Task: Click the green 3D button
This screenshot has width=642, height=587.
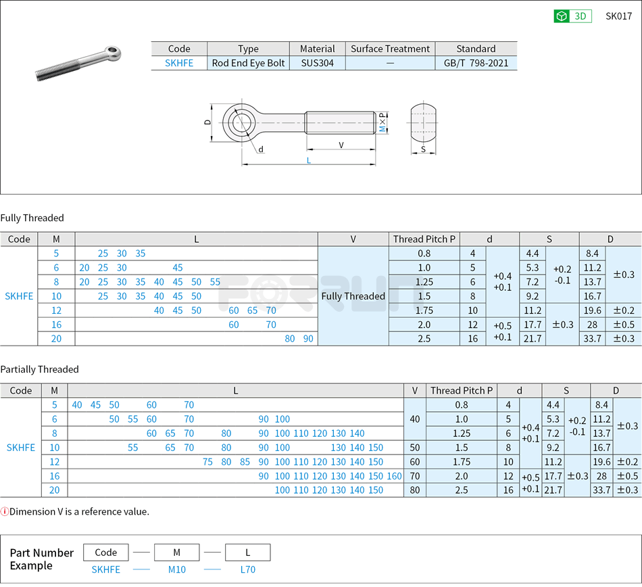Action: coord(572,16)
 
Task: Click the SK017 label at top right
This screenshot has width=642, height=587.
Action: coord(618,16)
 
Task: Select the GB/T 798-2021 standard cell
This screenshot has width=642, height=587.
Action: coord(476,63)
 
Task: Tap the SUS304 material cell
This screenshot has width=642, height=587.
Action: coord(317,63)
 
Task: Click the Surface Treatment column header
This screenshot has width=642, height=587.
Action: coord(390,49)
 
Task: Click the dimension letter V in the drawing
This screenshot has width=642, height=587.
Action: coord(341,145)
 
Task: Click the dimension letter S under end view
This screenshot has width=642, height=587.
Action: coord(423,149)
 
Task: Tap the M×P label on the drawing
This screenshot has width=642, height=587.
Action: coord(382,123)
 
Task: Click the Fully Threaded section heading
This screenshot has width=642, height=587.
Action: coord(32,218)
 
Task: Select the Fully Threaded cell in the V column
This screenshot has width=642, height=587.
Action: coord(353,296)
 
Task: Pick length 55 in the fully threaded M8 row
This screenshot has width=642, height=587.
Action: coord(215,282)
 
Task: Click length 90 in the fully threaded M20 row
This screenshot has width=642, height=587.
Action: coord(308,339)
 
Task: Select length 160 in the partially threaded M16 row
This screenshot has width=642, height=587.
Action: coord(395,476)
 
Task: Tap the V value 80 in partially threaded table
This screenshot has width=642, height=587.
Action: coord(415,490)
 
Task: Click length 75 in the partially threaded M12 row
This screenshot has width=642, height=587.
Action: coord(208,462)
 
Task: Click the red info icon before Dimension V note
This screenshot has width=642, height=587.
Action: coord(5,512)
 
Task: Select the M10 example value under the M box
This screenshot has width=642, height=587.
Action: coord(176,569)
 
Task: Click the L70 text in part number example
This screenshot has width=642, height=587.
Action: coord(248,569)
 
